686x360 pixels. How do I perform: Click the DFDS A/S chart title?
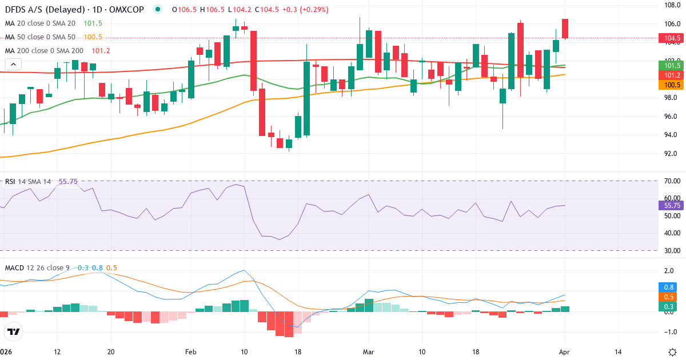click(74, 10)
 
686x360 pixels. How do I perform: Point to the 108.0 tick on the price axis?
click(671, 5)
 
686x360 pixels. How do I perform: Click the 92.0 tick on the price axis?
click(671, 154)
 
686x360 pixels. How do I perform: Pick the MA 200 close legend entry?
click(45, 51)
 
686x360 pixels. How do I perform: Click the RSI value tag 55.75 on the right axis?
click(672, 205)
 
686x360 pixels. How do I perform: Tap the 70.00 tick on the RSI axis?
click(672, 181)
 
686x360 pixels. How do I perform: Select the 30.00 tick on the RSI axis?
click(672, 250)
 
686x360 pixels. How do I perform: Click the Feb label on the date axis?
click(190, 351)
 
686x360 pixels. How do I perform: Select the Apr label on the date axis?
click(565, 351)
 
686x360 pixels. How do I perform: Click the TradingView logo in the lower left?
click(13, 331)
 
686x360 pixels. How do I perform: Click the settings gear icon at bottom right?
click(672, 351)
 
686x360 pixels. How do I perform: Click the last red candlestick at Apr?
click(565, 29)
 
